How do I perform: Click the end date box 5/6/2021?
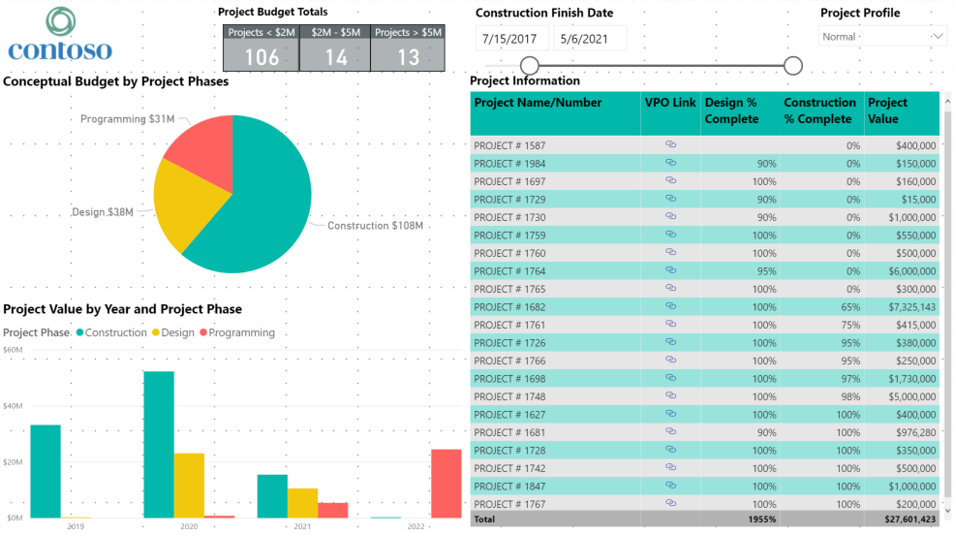pos(589,39)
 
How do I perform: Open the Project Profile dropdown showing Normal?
pos(882,37)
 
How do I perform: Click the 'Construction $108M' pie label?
pos(375,226)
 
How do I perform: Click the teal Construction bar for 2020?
pos(159,445)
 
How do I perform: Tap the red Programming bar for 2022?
pos(446,484)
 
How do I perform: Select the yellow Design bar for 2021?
pos(302,503)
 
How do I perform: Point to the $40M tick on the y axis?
pos(13,406)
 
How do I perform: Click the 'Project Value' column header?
pos(887,111)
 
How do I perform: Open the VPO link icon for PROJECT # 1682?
pos(670,306)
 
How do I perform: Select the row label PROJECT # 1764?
pos(509,271)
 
